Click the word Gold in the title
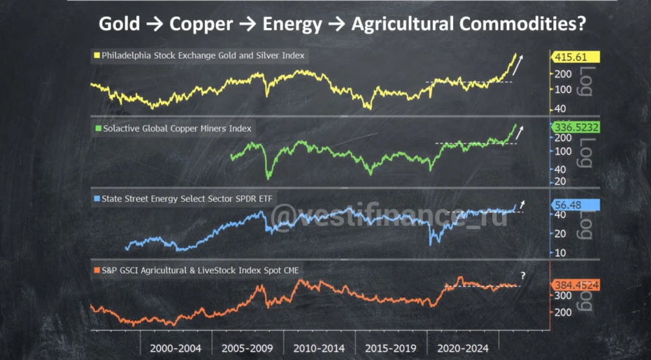(119, 24)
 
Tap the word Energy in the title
(292, 24)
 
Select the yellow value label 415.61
(575, 57)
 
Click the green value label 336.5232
(575, 127)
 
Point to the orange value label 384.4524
(575, 284)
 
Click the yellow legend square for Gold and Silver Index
(96, 56)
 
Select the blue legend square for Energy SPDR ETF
(97, 198)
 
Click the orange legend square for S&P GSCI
(96, 269)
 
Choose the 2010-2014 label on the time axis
(319, 348)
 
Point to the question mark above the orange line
(522, 276)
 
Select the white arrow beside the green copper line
(519, 133)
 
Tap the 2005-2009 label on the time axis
(247, 348)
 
